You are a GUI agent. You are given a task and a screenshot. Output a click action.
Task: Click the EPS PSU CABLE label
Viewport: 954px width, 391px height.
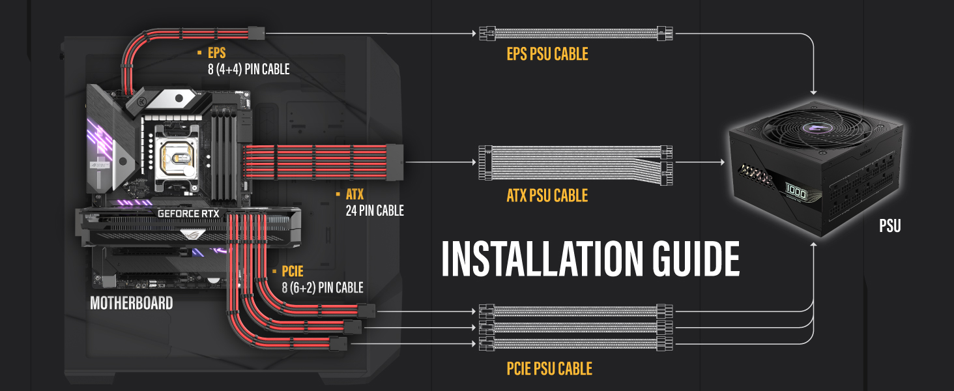pos(547,54)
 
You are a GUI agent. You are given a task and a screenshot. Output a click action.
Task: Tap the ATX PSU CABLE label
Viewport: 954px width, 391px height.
pos(547,195)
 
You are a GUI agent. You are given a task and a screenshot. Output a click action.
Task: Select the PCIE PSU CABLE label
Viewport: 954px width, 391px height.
pos(549,368)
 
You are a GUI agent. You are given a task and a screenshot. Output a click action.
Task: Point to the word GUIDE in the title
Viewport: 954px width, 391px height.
pos(697,259)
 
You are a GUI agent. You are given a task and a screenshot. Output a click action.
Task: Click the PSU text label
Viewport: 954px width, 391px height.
pos(890,225)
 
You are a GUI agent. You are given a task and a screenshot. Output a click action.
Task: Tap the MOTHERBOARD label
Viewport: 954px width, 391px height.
pos(132,303)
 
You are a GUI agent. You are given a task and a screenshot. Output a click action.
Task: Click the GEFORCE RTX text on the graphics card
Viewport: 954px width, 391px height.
pos(188,214)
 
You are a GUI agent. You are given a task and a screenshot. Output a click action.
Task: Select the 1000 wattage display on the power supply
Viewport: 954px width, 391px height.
pos(796,192)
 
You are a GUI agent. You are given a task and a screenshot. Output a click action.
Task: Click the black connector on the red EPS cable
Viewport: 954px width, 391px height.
pos(256,33)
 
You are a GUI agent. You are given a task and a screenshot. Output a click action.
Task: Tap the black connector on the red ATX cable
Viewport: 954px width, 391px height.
pos(395,162)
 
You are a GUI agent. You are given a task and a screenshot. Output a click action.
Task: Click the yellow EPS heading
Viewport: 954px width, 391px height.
pos(217,53)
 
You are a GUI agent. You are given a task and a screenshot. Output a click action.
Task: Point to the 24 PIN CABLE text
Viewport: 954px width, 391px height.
pos(375,210)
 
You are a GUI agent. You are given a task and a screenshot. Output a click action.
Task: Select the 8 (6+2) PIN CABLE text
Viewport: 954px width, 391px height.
pos(323,287)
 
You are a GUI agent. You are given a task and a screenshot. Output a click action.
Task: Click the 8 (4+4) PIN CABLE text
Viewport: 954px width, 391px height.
pos(249,69)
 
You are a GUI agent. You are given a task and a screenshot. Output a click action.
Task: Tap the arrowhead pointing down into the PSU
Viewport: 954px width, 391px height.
pos(813,92)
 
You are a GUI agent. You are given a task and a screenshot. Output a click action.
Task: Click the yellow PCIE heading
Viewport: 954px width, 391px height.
pos(292,271)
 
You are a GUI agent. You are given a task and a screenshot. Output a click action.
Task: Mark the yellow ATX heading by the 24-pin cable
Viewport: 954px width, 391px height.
pos(354,195)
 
